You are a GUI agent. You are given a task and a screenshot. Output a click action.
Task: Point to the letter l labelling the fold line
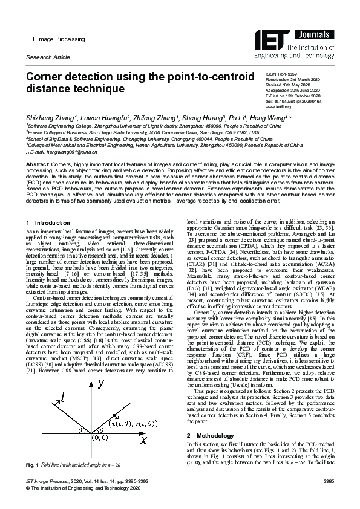pos(62,397)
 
